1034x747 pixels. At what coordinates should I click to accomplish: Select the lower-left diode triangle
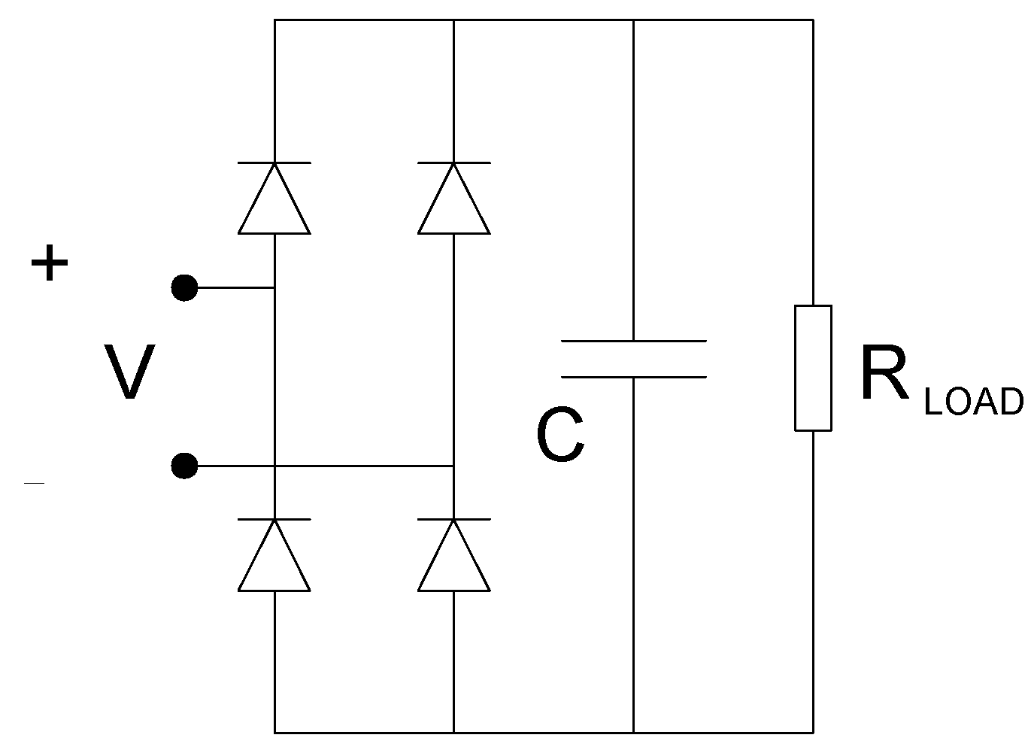click(x=274, y=561)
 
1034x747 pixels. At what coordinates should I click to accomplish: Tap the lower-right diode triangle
click(x=454, y=561)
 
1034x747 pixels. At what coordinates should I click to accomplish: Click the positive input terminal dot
click(x=184, y=287)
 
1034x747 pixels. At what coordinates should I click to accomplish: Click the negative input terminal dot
click(x=184, y=466)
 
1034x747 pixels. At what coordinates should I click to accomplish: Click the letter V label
click(x=129, y=372)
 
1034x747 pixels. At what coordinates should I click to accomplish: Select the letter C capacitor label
click(x=560, y=437)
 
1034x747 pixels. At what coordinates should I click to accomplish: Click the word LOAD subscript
click(x=973, y=402)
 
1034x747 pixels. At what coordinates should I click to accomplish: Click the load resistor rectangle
click(x=813, y=368)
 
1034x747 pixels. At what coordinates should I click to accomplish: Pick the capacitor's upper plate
click(x=633, y=342)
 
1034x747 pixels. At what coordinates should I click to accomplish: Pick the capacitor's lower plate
click(x=633, y=377)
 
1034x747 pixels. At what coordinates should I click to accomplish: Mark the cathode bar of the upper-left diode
click(x=274, y=162)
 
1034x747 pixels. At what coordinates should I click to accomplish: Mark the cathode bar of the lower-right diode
click(x=454, y=519)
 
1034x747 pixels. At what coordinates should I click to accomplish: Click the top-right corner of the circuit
click(x=813, y=20)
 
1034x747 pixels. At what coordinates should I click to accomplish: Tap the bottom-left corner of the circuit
click(x=274, y=732)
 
